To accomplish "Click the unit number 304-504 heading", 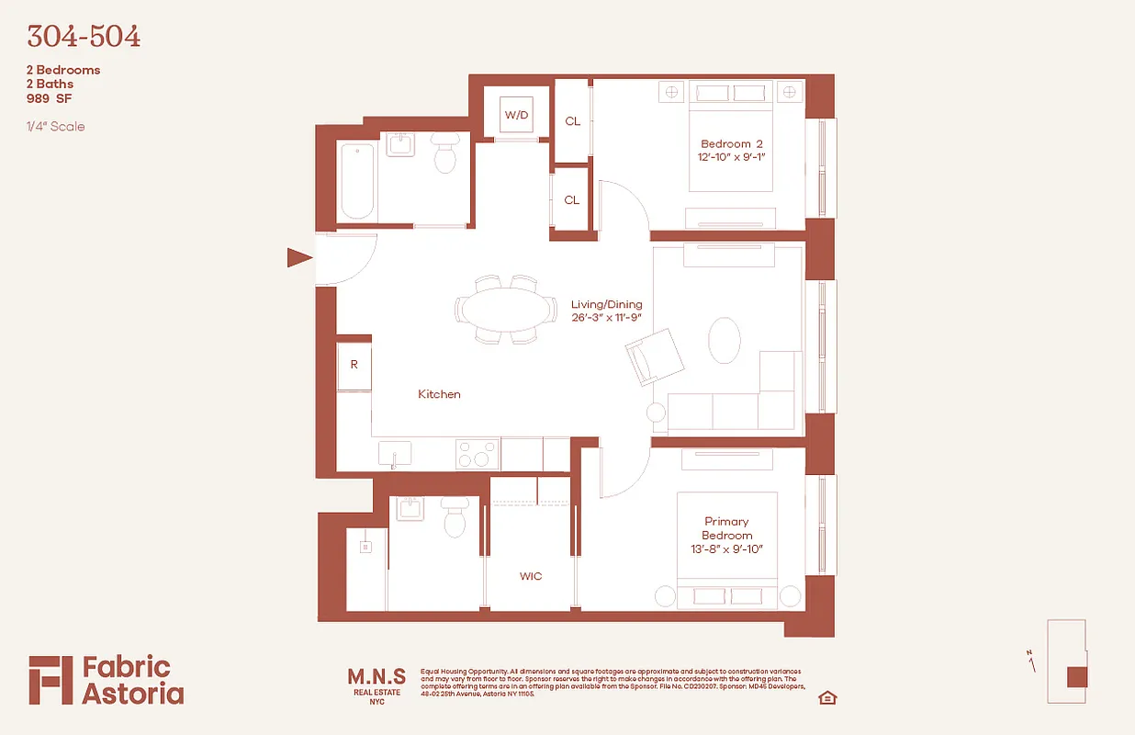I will coord(84,37).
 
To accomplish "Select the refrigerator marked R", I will coord(354,365).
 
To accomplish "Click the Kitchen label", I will coord(439,394).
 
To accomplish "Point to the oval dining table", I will coord(507,309).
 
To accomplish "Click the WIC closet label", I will coord(531,576).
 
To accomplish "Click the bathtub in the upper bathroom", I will coord(356,181).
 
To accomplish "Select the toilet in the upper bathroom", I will coord(445,156).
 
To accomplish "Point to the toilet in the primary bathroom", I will coord(455,519).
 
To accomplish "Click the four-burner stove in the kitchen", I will coord(478,455).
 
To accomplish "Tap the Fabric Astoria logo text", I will coord(133,680).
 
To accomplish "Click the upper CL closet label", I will coord(572,121).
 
